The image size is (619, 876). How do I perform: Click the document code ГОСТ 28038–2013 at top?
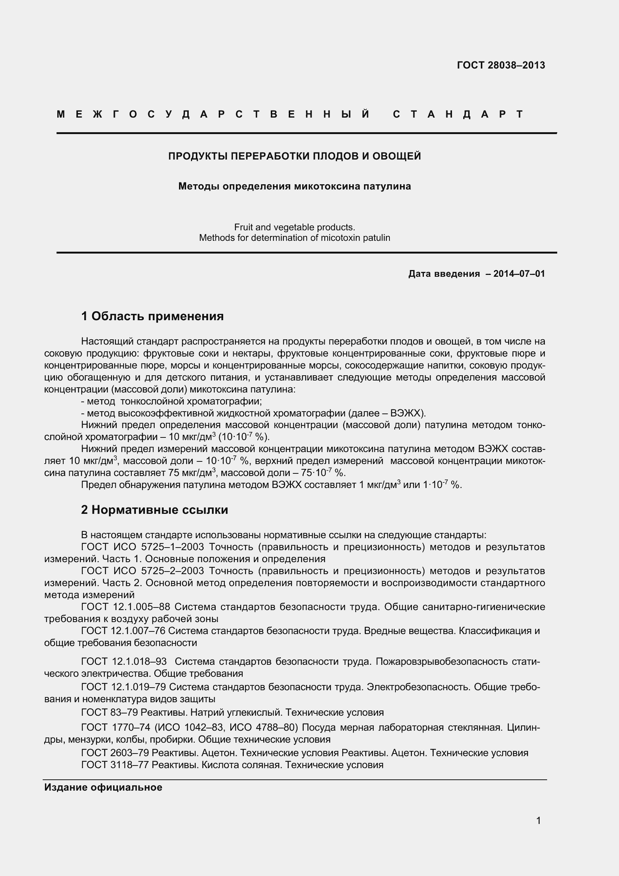pyautogui.click(x=501, y=65)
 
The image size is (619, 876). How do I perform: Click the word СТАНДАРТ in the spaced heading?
pyautogui.click(x=458, y=114)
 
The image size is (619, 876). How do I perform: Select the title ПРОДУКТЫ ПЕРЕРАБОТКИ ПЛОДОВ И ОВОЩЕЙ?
pyautogui.click(x=294, y=156)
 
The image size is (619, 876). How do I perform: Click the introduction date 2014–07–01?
pyautogui.click(x=519, y=273)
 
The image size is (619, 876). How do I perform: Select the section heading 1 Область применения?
pyautogui.click(x=152, y=316)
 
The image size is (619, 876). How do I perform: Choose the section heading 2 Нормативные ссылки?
pyautogui.click(x=154, y=510)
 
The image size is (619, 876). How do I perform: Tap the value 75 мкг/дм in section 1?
pyautogui.click(x=189, y=473)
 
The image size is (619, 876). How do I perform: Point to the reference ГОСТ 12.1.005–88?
pyautogui.click(x=125, y=607)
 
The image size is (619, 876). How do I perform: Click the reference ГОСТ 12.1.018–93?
pyautogui.click(x=124, y=661)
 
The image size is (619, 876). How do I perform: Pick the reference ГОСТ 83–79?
pyautogui.click(x=109, y=712)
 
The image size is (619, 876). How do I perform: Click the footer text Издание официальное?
pyautogui.click(x=103, y=787)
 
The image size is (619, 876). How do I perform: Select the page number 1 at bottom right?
pyautogui.click(x=538, y=820)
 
